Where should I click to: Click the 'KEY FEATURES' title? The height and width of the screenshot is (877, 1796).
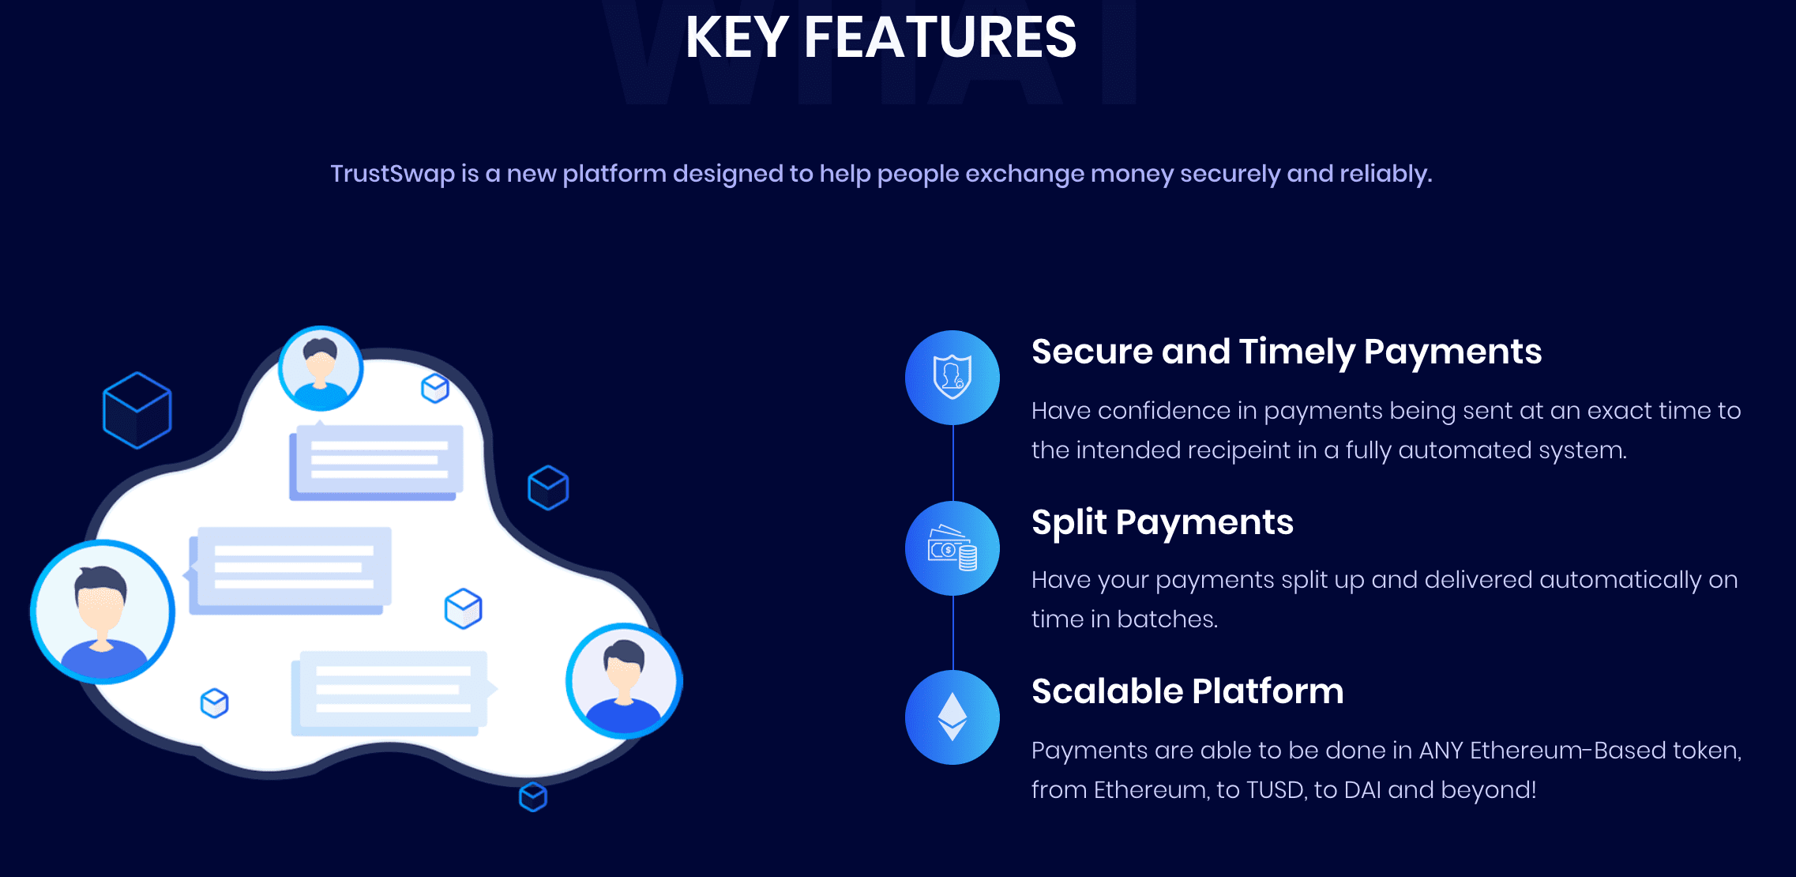[881, 38]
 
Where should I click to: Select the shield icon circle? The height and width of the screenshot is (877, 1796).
[952, 378]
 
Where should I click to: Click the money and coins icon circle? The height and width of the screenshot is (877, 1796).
[952, 548]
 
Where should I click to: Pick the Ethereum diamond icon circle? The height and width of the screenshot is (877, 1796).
[952, 717]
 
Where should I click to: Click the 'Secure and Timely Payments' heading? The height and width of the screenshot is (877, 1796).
[1286, 352]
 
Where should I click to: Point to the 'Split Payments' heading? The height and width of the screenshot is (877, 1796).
[1162, 522]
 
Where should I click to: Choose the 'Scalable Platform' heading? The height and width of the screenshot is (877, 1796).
[1187, 691]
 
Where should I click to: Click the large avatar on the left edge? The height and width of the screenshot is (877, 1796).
[102, 612]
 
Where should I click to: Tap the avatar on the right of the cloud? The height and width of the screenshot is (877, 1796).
[624, 681]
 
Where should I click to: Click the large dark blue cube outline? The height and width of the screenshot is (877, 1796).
[137, 411]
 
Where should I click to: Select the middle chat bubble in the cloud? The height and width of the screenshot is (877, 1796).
[291, 570]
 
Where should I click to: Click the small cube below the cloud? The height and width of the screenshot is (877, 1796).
[533, 796]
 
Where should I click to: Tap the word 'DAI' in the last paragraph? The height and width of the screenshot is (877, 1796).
[1361, 790]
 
